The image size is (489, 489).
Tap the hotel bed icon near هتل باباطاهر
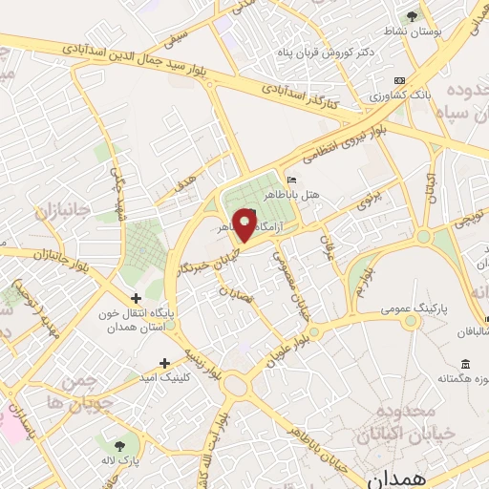point(292,180)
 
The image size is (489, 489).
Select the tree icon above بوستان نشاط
point(412,16)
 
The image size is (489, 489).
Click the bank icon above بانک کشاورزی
point(399,81)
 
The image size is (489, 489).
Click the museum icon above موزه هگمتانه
point(465,364)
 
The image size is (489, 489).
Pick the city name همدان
point(393,475)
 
